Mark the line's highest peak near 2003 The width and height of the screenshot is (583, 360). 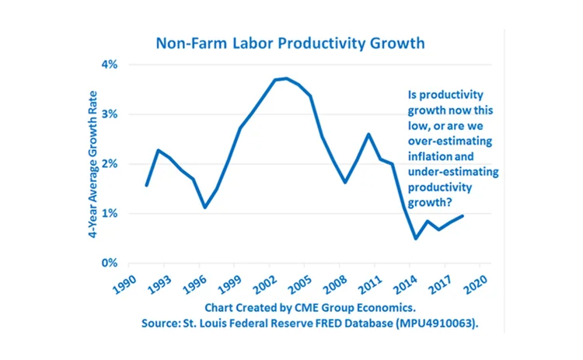tap(287, 79)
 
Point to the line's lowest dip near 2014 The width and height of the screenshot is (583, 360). tap(416, 238)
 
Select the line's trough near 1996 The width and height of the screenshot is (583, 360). tap(204, 208)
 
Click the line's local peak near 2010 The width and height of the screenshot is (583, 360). tap(368, 134)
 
